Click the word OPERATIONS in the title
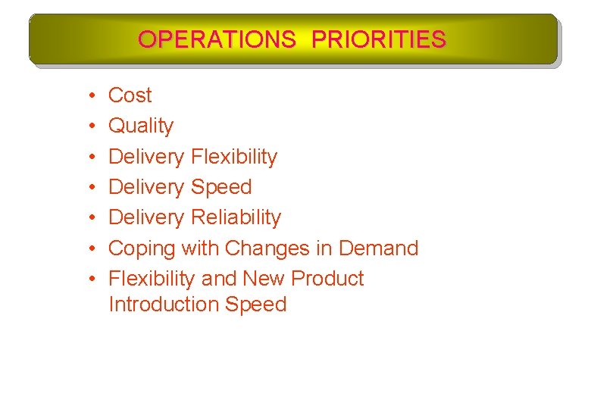(x=217, y=39)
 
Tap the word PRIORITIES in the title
(x=378, y=39)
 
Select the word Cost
(x=130, y=95)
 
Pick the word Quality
(x=141, y=126)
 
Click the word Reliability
(x=236, y=217)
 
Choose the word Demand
(x=378, y=248)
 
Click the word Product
(x=327, y=279)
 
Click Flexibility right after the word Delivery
(x=234, y=157)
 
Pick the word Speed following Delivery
(x=221, y=187)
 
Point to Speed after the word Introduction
(x=261, y=304)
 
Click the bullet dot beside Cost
(x=90, y=96)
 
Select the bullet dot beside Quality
(x=90, y=126)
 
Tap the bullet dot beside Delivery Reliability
(x=90, y=218)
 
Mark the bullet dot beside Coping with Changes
(x=90, y=248)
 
